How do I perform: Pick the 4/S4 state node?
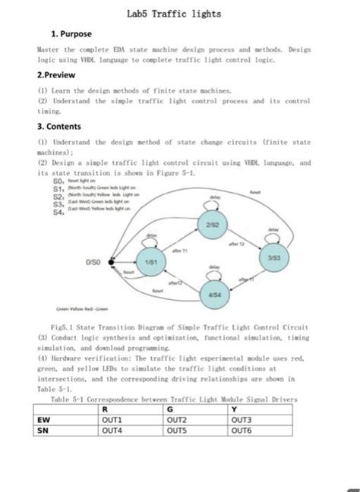pyautogui.click(x=215, y=295)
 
